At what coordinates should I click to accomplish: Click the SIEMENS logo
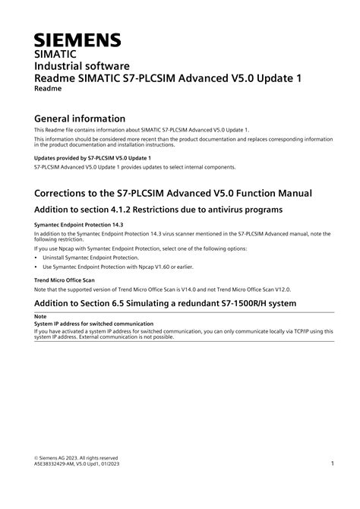click(78, 40)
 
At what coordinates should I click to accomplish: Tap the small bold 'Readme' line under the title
click(49, 89)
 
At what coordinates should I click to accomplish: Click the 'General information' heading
click(81, 119)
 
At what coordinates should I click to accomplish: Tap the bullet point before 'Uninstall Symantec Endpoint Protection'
click(37, 258)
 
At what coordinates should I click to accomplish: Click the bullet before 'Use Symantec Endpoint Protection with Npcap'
click(37, 267)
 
